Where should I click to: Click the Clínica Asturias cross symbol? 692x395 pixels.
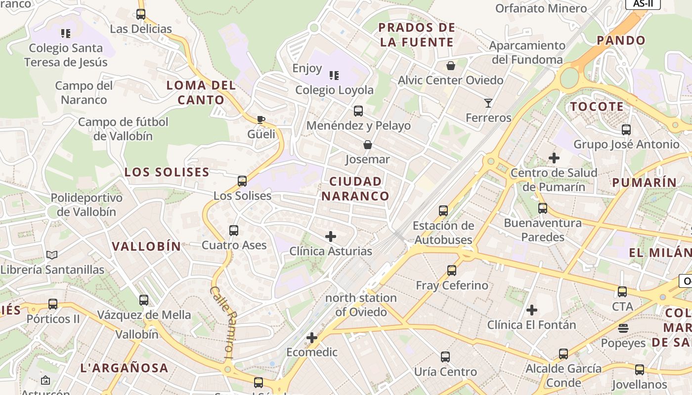331,237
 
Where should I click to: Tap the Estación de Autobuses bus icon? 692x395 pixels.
443,211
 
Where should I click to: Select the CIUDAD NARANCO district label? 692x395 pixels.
355,189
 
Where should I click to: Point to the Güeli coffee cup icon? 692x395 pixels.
261,119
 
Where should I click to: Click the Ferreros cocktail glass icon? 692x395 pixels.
488,103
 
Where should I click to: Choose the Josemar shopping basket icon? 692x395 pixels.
367,145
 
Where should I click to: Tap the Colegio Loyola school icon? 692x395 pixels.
334,76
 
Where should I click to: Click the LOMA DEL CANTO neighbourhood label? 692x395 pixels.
201,92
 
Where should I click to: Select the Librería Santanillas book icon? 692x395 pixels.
52,255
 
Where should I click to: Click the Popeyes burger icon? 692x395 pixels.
623,328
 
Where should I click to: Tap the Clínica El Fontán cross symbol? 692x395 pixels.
532,310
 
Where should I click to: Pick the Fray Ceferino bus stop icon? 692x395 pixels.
451,271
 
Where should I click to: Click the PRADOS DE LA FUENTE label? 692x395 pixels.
417,35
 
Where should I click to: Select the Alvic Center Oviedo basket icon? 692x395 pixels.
450,66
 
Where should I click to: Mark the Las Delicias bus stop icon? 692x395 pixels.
141,14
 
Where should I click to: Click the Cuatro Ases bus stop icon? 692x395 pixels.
234,231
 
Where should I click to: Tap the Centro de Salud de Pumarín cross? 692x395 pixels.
554,158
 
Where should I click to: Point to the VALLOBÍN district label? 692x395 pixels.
146,246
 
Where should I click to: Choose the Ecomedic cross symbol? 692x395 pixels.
312,338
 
